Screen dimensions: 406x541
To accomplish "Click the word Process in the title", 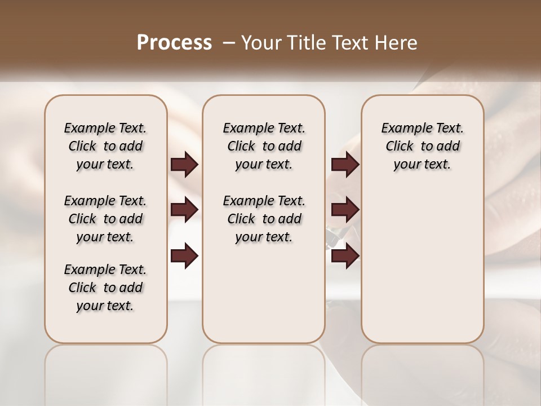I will coord(174,43).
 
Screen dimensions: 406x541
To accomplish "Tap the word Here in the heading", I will coord(396,43).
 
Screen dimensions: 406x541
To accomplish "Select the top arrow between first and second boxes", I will coord(185,164).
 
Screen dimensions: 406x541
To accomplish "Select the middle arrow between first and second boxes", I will coord(185,210).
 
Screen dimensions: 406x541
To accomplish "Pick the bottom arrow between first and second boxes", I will coord(185,257).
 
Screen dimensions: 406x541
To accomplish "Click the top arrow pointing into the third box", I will coord(345,164).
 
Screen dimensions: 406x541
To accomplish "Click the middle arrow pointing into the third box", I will coord(345,210).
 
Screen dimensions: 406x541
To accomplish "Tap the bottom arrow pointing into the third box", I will coord(345,257).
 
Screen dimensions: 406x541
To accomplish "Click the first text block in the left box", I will coord(105,146).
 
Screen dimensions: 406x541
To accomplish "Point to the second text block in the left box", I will coord(105,219).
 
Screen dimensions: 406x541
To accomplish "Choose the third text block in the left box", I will coord(105,288).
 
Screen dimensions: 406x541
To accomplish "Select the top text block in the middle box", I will coord(264,146).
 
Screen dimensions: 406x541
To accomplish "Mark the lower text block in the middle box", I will coord(264,219).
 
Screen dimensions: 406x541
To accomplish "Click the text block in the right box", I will coord(422,146).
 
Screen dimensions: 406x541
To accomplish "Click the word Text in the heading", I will coord(349,43).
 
